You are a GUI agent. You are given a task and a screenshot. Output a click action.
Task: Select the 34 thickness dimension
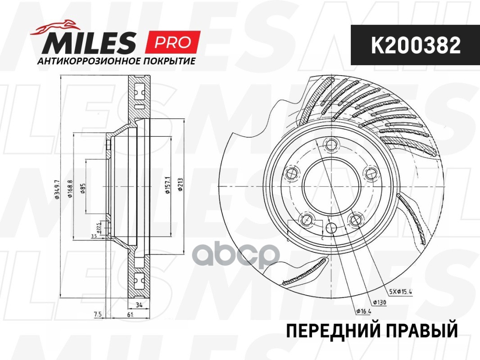tap(140, 306)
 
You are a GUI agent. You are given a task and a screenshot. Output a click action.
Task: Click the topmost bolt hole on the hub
tap(332, 144)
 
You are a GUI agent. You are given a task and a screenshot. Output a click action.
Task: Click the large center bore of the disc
tap(325, 184)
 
